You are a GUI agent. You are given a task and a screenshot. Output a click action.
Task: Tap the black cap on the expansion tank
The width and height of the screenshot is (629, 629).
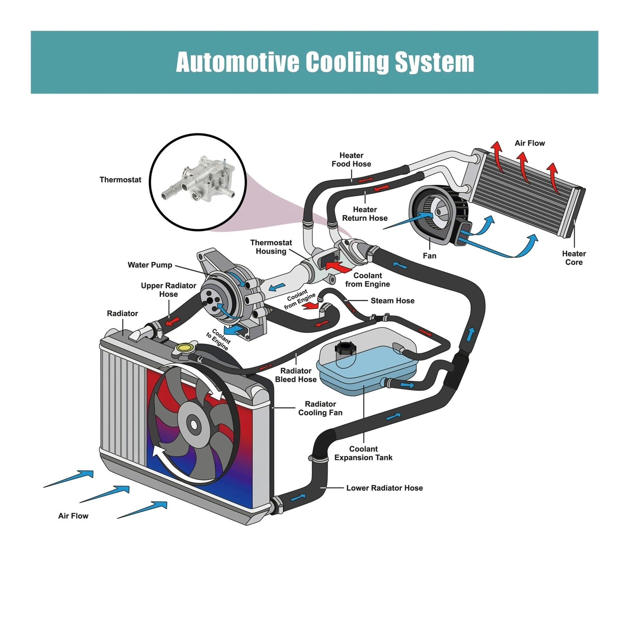coord(345,349)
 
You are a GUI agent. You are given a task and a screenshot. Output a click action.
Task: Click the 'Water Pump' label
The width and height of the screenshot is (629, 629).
coord(150,265)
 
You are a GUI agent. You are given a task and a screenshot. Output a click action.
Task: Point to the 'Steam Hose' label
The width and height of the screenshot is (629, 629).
coord(392,300)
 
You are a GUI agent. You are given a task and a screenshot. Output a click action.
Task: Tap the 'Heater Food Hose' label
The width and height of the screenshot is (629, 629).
coord(351,159)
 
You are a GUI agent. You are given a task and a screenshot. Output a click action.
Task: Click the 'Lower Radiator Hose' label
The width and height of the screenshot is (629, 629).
coord(385,488)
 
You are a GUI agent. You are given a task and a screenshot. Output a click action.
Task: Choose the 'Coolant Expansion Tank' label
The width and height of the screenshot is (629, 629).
coord(363,453)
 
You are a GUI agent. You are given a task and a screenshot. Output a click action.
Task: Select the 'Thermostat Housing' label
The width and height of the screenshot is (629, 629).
coord(271,247)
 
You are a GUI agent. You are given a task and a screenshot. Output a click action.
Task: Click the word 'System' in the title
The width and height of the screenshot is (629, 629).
coord(435,62)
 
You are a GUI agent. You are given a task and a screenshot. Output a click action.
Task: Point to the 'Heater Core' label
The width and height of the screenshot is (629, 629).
coord(574,258)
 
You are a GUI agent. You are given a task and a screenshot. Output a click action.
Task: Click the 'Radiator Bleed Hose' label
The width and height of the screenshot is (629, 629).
coord(296,375)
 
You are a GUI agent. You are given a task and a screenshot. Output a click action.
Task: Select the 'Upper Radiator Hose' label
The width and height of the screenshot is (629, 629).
coord(168,290)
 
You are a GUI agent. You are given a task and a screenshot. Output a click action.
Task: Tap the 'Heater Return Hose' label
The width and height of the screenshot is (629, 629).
coord(365,214)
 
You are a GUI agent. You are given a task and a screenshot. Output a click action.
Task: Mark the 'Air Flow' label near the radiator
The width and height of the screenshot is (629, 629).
coord(73,516)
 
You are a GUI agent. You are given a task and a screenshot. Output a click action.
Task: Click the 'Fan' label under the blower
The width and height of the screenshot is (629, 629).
coord(429,256)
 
